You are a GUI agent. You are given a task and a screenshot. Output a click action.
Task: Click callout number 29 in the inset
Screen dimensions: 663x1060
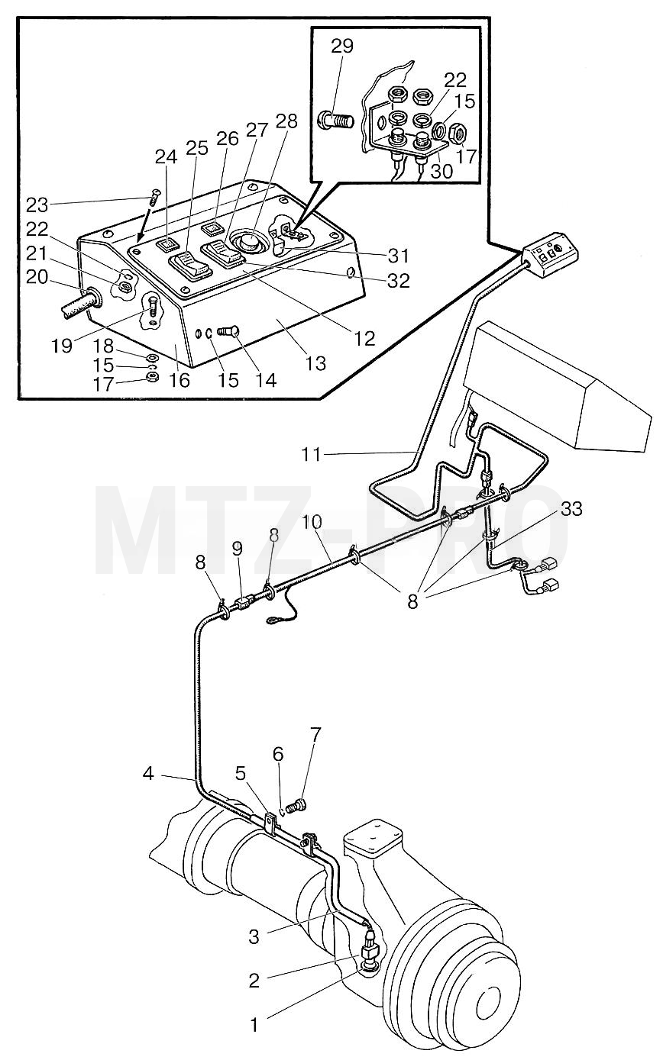pos(342,47)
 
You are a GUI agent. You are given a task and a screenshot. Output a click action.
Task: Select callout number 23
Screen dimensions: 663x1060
pos(37,205)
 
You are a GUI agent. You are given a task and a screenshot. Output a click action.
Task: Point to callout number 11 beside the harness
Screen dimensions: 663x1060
pos(312,455)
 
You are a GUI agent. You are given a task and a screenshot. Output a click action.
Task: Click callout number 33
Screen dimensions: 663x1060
pos(571,509)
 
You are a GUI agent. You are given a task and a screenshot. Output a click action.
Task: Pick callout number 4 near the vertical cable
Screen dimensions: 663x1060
pos(148,775)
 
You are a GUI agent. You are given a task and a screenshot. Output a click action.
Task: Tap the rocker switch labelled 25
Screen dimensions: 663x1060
pos(189,267)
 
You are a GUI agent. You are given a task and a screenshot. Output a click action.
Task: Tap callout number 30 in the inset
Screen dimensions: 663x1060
pos(441,170)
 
